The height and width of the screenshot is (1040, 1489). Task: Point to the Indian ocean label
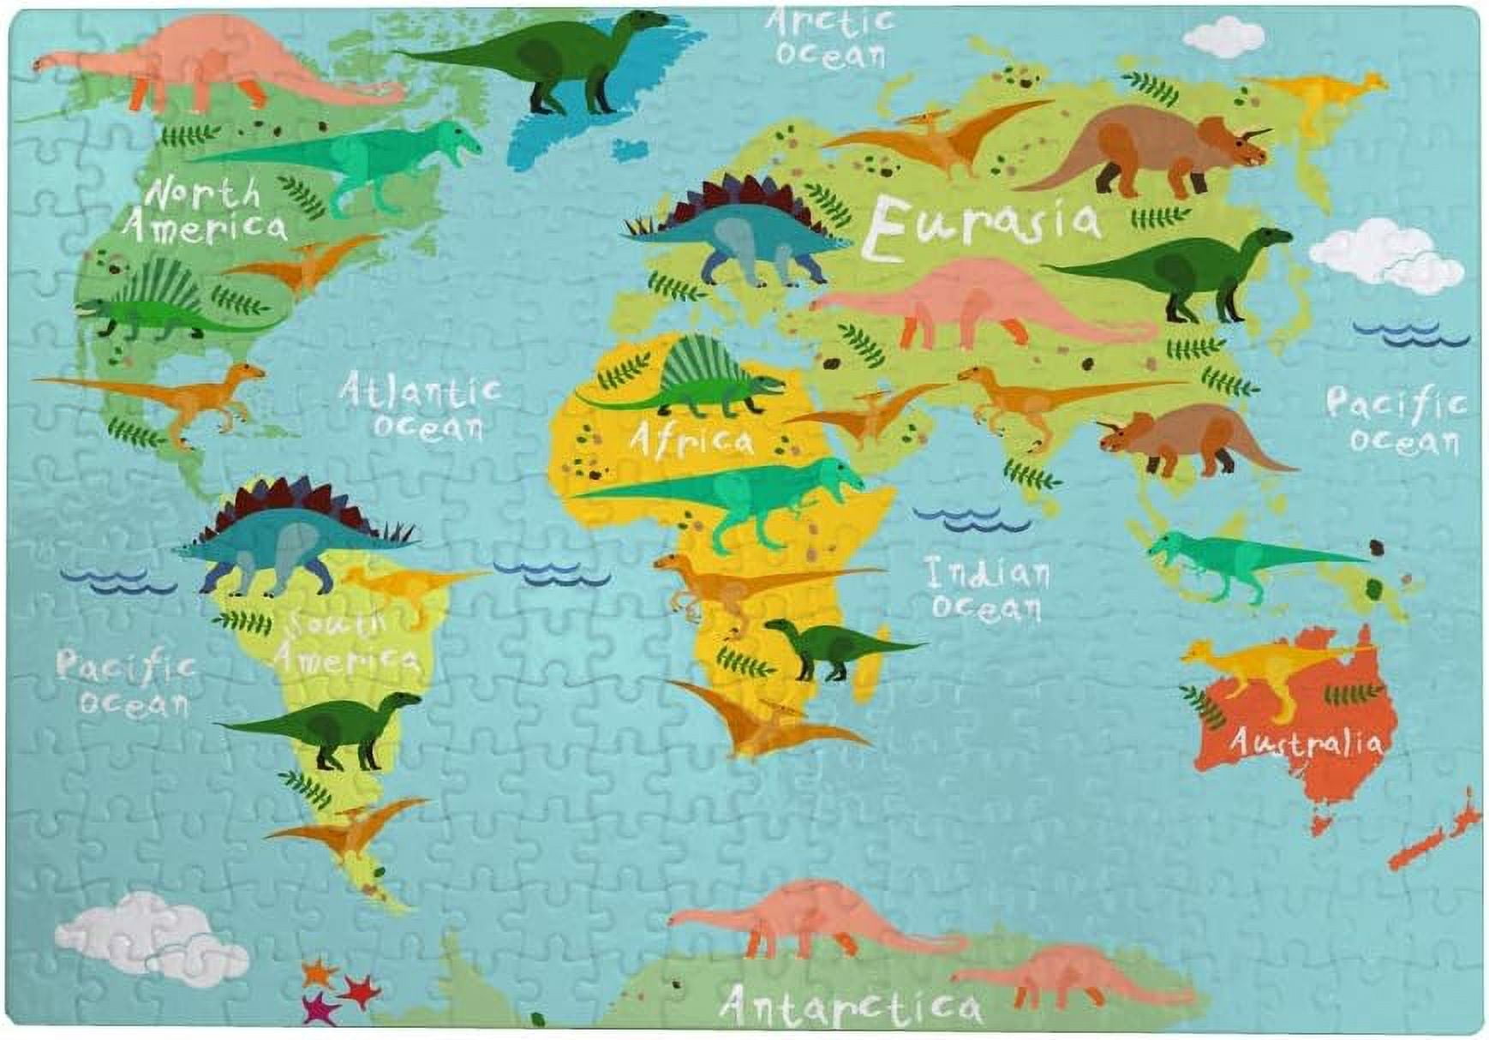pyautogui.click(x=987, y=589)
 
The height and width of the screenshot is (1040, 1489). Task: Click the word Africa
pyautogui.click(x=692, y=440)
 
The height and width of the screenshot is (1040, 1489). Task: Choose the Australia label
pyautogui.click(x=1304, y=743)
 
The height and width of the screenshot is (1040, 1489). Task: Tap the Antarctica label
pyautogui.click(x=850, y=1004)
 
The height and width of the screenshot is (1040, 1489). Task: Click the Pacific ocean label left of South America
pyautogui.click(x=127, y=683)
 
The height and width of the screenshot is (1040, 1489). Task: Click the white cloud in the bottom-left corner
pyautogui.click(x=150, y=938)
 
